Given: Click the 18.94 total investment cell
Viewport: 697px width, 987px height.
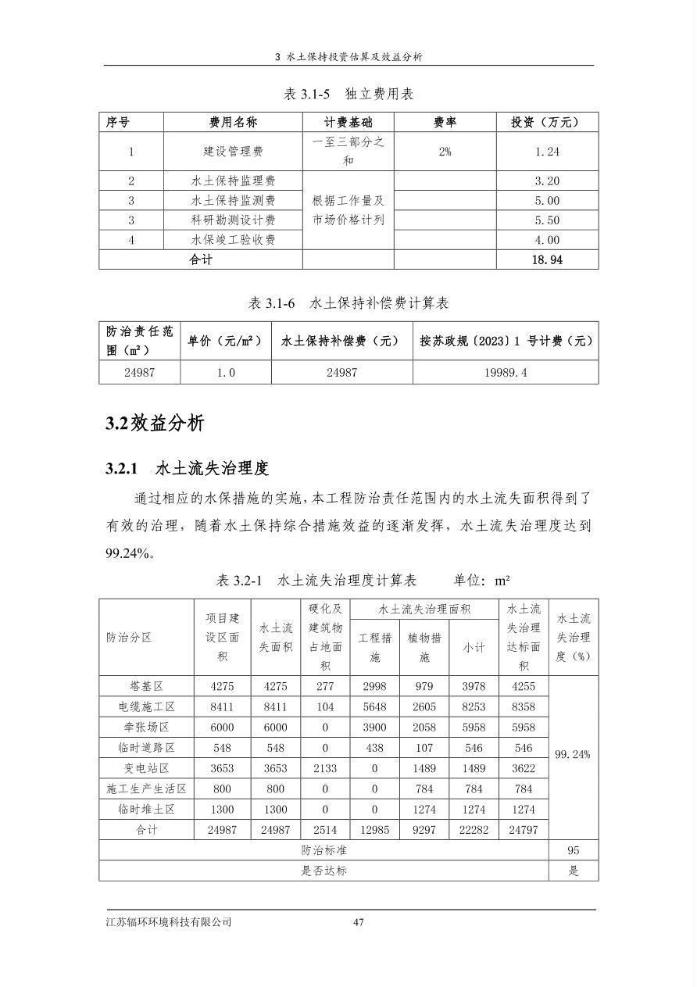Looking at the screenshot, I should [x=547, y=259].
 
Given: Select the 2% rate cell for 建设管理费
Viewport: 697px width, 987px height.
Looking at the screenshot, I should [x=445, y=152].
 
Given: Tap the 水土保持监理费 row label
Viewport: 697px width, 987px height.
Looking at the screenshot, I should [x=233, y=181].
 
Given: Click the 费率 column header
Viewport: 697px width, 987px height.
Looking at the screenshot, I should [x=445, y=122].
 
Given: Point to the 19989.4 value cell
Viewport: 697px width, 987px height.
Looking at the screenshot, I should [x=506, y=373].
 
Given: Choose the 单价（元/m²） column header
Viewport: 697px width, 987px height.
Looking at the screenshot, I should [x=225, y=341].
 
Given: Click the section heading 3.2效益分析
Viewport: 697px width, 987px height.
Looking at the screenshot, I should [x=155, y=424].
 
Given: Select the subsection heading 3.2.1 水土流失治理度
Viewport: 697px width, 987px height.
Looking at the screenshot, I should [x=188, y=468].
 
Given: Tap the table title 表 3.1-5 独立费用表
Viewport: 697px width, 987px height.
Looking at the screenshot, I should [x=348, y=94].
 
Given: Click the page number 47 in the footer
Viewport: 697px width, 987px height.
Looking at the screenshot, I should [x=359, y=922].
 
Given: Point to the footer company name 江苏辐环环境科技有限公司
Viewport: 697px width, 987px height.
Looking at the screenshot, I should [x=169, y=922].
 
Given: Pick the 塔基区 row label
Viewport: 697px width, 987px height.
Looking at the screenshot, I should [x=146, y=686].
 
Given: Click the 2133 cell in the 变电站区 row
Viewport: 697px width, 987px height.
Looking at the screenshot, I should [x=325, y=768].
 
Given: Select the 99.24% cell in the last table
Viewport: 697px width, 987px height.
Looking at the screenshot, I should [x=573, y=755].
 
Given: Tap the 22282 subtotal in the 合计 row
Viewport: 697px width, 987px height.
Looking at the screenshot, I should [x=474, y=830].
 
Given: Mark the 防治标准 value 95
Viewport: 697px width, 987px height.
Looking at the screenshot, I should [x=573, y=850].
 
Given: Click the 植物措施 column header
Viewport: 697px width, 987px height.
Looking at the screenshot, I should [x=424, y=647].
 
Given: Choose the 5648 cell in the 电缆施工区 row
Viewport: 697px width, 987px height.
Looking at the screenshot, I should [x=374, y=706].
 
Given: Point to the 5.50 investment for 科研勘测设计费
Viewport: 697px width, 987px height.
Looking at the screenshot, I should [x=547, y=220].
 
